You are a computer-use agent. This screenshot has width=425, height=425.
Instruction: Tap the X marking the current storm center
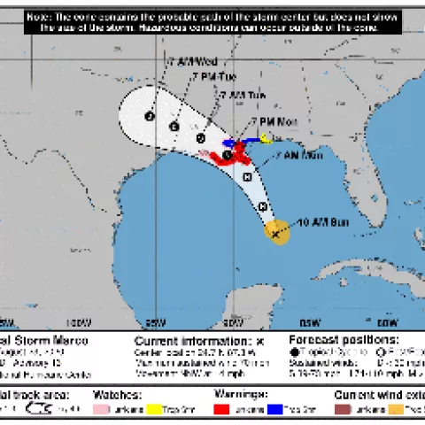pos(276,234)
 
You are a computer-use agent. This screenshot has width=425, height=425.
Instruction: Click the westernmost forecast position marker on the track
pos(150,116)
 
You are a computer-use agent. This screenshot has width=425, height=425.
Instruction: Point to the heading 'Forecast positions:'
pos(344,340)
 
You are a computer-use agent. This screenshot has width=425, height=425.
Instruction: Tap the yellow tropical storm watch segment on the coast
pos(267,137)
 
